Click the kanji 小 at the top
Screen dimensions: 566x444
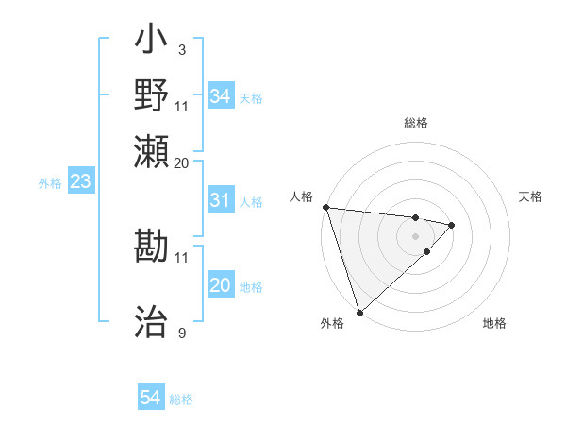coord(151,43)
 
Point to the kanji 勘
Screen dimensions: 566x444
coord(151,247)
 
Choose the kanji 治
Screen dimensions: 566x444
coord(151,322)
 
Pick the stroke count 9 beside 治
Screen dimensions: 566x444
coord(181,332)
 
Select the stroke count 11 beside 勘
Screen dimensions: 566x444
coord(182,256)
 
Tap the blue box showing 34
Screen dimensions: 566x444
coord(221,96)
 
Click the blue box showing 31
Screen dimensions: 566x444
coord(220,200)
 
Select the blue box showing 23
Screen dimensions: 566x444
coord(80,181)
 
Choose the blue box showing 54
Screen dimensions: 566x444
coord(151,399)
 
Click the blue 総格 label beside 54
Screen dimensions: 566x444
coord(181,400)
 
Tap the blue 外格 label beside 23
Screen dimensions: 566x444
coord(50,183)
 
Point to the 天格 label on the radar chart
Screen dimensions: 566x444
coord(530,196)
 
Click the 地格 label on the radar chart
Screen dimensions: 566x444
coord(494,324)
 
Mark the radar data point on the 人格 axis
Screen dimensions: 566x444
coord(325,207)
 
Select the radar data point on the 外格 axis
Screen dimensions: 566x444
coord(359,312)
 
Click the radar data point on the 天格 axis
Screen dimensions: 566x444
coord(452,225)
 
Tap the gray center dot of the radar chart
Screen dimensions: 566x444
coord(415,235)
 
